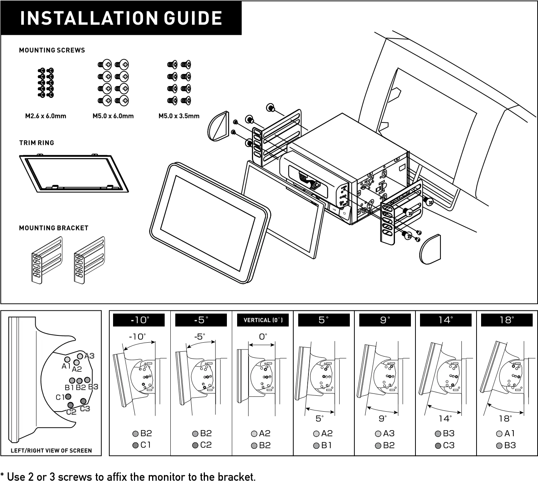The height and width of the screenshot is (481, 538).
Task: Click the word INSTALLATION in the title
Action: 88,18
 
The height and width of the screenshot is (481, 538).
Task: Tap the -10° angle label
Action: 140,320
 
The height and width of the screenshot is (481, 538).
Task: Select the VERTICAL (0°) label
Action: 263,320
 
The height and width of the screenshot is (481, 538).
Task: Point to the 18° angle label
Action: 507,320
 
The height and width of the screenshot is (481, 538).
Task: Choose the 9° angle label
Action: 385,320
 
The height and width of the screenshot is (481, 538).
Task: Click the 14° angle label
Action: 445,320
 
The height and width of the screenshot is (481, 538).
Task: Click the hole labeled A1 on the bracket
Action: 67,359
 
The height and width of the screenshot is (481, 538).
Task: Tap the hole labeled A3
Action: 80,356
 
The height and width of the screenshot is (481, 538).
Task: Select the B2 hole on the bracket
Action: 79,381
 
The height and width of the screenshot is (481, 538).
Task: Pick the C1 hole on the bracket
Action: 68,396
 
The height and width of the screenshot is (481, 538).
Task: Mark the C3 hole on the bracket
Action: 83,401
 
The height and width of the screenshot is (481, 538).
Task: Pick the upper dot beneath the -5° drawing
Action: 195,434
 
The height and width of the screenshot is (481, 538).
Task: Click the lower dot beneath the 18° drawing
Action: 499,446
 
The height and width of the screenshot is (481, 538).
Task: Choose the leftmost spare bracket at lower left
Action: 46,261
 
